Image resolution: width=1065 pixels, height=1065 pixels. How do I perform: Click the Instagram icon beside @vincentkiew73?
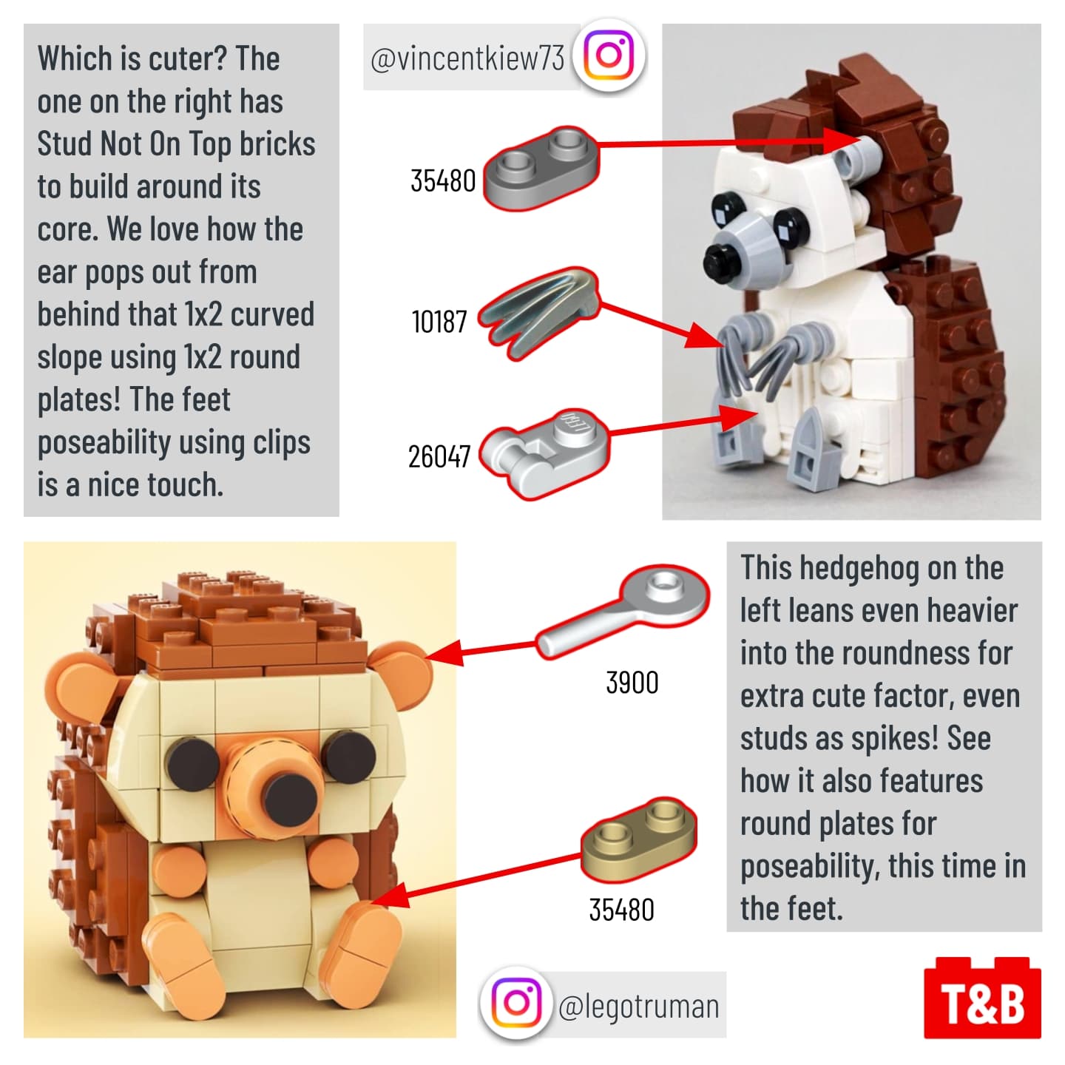tap(609, 55)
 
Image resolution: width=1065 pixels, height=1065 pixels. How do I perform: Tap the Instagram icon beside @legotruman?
tap(516, 1003)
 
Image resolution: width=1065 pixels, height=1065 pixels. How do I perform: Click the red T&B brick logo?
tap(982, 998)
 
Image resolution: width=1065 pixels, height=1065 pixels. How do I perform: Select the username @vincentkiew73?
tap(467, 58)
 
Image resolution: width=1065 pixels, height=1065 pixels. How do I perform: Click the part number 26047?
tap(439, 456)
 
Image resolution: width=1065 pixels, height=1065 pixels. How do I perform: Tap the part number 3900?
tap(632, 683)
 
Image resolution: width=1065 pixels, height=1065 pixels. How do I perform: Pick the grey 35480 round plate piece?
tap(541, 167)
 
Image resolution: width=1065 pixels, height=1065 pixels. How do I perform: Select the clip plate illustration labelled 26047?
tap(544, 454)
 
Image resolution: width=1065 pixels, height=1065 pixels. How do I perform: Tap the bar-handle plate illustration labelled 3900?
tap(623, 611)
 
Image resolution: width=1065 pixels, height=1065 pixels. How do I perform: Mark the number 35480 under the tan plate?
tap(622, 910)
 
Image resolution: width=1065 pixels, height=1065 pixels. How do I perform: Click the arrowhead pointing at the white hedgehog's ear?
tap(843, 141)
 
